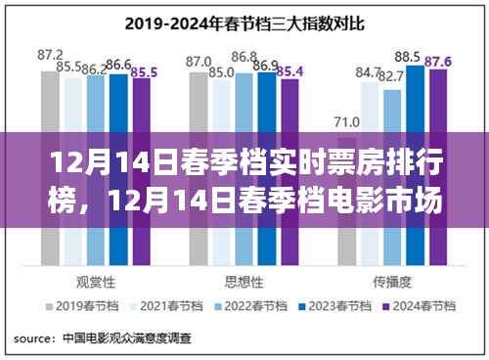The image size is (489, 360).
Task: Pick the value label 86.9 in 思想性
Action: pos(264,65)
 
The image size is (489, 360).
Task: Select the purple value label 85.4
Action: pos(290,71)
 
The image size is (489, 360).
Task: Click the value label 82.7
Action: pos(391,76)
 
